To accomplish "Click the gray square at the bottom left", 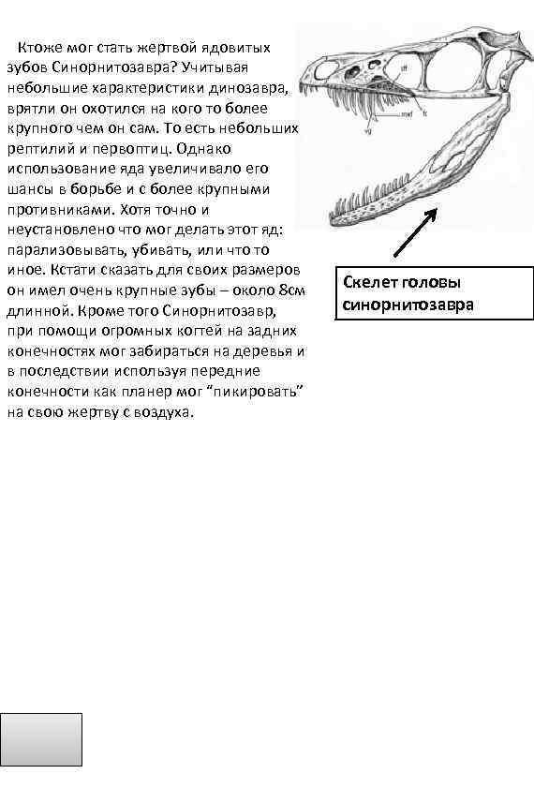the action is [43, 739].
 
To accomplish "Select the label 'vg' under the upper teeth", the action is [368, 131].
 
